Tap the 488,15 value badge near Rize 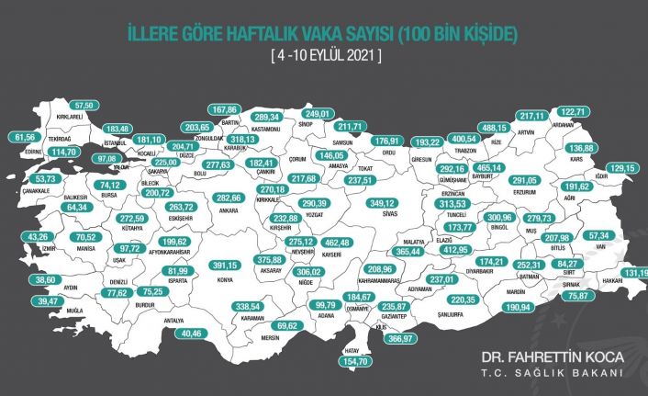[x=496, y=128]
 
